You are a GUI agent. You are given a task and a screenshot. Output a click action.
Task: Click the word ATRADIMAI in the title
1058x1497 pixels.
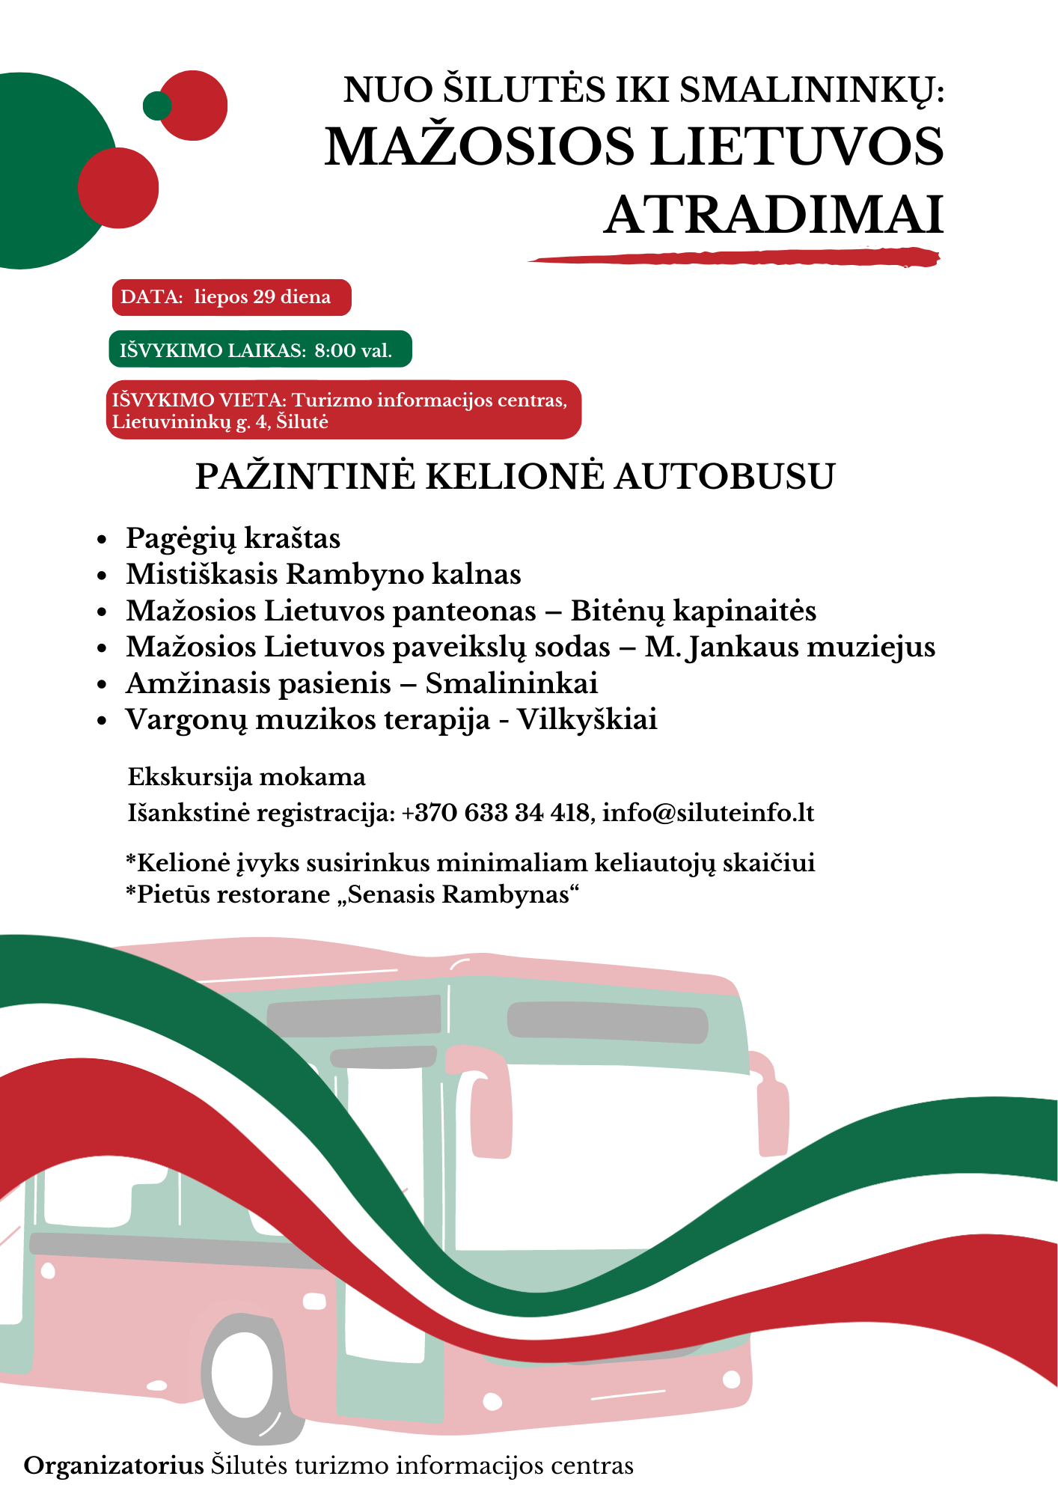coord(774,216)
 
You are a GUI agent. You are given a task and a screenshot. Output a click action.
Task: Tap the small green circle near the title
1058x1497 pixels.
coord(157,106)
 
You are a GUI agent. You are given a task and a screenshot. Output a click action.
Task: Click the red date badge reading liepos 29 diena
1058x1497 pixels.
coord(231,297)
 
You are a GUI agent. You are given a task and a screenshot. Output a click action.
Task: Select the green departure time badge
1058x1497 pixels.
coord(260,350)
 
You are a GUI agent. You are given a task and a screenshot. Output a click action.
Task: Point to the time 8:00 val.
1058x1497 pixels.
coord(353,350)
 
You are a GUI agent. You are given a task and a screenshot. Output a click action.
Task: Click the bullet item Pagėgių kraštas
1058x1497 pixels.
coord(233,538)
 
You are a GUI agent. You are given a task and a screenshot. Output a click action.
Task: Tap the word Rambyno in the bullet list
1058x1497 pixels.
coord(355,574)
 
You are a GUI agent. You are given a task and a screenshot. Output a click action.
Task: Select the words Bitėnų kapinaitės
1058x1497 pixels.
coord(693,611)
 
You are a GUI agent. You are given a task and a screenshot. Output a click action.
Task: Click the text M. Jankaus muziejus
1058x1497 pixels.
coord(790,647)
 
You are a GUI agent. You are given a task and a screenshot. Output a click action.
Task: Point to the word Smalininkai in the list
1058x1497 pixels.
coord(512,683)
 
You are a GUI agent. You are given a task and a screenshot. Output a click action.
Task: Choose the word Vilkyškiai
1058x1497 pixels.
coord(587,719)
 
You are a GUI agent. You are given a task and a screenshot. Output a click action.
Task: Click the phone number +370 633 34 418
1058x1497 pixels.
coord(495,813)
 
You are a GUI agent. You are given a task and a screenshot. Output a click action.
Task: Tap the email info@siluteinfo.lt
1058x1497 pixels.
coord(708,813)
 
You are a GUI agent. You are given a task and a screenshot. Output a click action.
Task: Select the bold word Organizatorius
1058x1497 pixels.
coord(114,1466)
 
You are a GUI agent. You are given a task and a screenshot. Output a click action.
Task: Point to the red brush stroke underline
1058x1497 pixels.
coord(733,258)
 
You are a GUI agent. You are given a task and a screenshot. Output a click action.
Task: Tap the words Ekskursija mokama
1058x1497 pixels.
coord(247,777)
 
